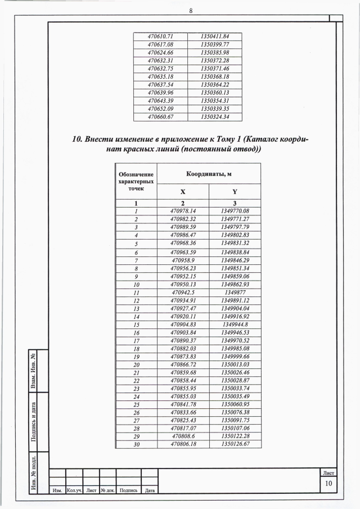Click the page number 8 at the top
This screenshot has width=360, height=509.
pyautogui.click(x=191, y=10)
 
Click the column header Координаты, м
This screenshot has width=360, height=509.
pyautogui.click(x=209, y=174)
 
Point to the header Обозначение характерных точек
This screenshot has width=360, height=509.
pyautogui.click(x=136, y=182)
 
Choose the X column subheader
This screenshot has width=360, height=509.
pyautogui.click(x=183, y=192)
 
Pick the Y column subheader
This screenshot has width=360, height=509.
pyautogui.click(x=235, y=192)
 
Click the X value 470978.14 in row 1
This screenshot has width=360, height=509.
pyautogui.click(x=183, y=211)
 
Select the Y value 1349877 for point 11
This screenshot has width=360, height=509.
pyautogui.click(x=235, y=293)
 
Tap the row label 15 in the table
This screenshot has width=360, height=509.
pyautogui.click(x=136, y=325)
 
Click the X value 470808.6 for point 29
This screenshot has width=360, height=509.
pyautogui.click(x=183, y=436)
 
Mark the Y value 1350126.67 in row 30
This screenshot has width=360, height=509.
pyautogui.click(x=235, y=444)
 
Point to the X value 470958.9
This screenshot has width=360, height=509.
pyautogui.click(x=183, y=261)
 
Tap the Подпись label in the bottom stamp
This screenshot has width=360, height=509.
pyautogui.click(x=128, y=491)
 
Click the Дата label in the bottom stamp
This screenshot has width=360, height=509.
pyautogui.click(x=149, y=491)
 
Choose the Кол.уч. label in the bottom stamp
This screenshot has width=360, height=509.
pyautogui.click(x=75, y=491)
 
